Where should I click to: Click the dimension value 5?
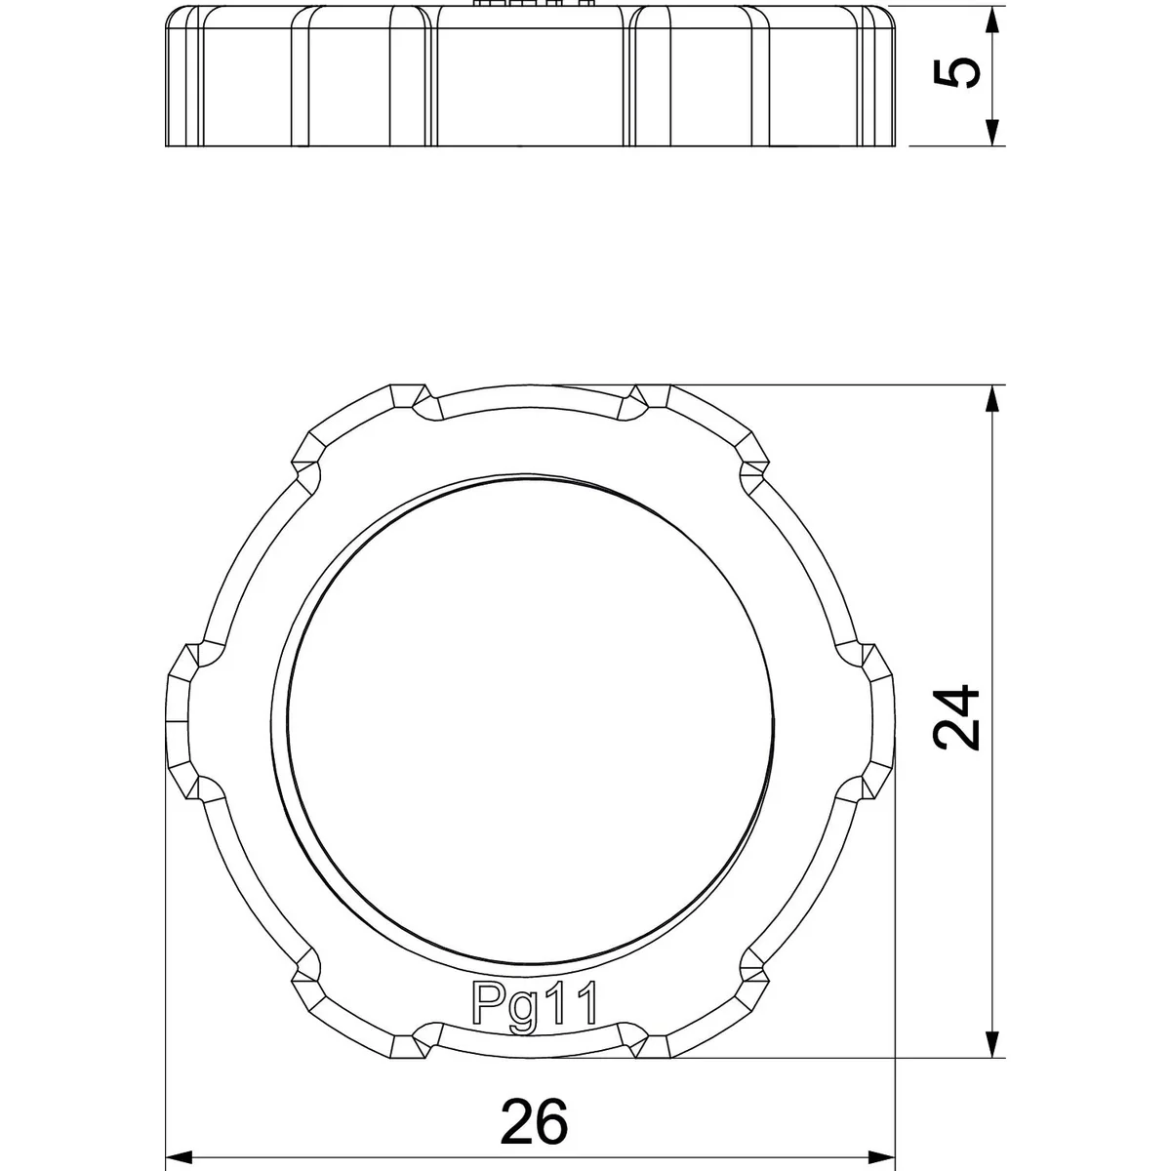[956, 73]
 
